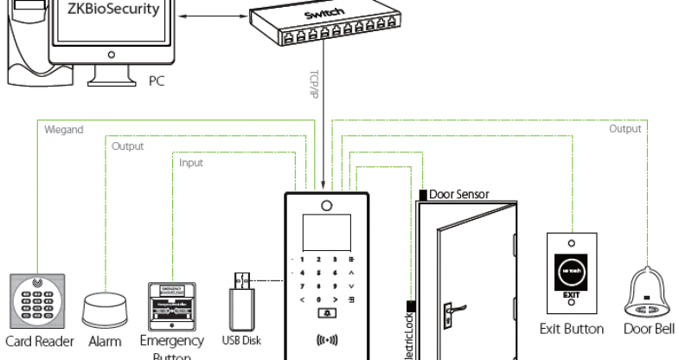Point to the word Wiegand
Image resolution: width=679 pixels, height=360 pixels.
63,130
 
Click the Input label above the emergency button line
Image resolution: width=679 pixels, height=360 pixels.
191,163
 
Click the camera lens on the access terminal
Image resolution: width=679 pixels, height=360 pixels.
326,206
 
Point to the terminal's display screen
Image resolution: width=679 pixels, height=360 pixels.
326,232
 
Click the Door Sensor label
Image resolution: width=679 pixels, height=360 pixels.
458,195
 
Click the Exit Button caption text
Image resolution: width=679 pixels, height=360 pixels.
571,329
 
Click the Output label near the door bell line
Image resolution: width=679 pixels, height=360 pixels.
625,129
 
